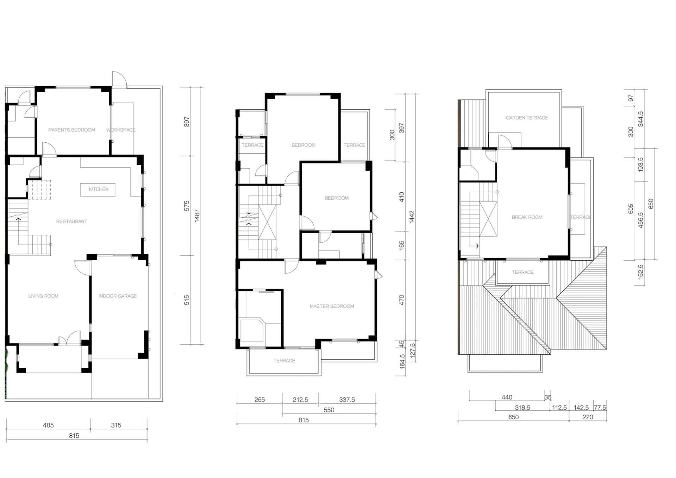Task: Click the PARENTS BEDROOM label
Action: pos(71,130)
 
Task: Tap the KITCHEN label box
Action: pos(98,190)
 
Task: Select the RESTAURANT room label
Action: pos(71,222)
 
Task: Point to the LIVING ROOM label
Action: pos(43,296)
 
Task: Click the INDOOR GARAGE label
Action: pos(118,296)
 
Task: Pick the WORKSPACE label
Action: pos(121,130)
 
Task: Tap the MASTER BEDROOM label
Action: pos(332,306)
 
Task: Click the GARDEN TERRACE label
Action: pos(527,118)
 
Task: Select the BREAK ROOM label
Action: pos(527,217)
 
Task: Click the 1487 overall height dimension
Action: pos(197,216)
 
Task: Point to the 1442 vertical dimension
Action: pos(412,217)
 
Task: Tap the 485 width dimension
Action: pos(48,425)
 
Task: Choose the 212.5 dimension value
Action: pos(300,400)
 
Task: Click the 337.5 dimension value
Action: pos(347,400)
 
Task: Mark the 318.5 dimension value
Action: pos(522,408)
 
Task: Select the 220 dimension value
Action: pos(588,417)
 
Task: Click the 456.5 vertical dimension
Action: pos(640,220)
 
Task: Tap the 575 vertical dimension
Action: pos(187,206)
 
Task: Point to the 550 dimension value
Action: pos(329,410)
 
